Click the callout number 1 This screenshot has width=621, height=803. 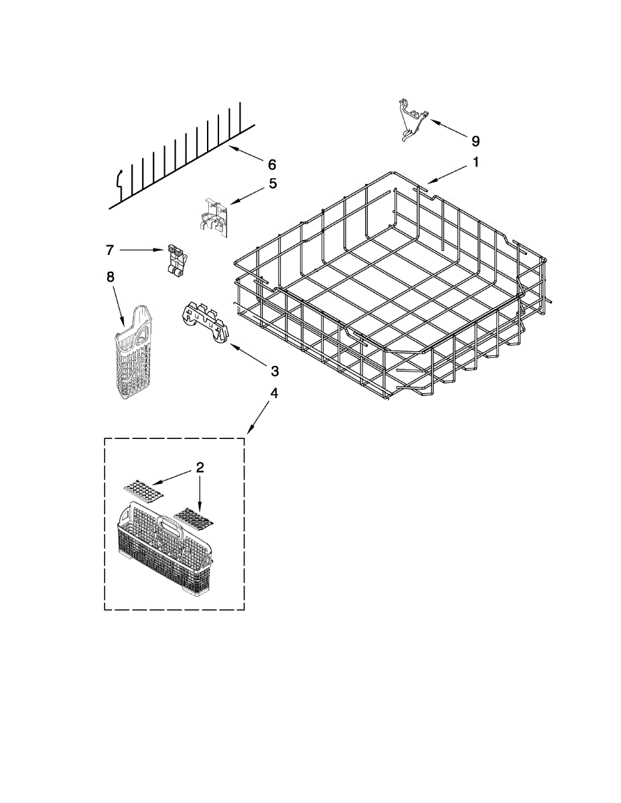[x=476, y=162]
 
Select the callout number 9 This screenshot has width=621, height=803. [x=475, y=141]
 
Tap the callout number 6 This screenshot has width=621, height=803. [x=271, y=164]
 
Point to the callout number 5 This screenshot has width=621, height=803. [x=273, y=183]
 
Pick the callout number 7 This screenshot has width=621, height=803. [x=110, y=250]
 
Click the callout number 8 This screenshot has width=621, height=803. [x=111, y=275]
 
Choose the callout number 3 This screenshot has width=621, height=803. [x=274, y=370]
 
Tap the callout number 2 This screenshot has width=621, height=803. [x=200, y=468]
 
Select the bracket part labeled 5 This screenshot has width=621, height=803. [x=215, y=215]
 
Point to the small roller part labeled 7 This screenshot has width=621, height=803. [x=176, y=260]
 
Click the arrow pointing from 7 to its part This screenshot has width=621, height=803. [x=141, y=250]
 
